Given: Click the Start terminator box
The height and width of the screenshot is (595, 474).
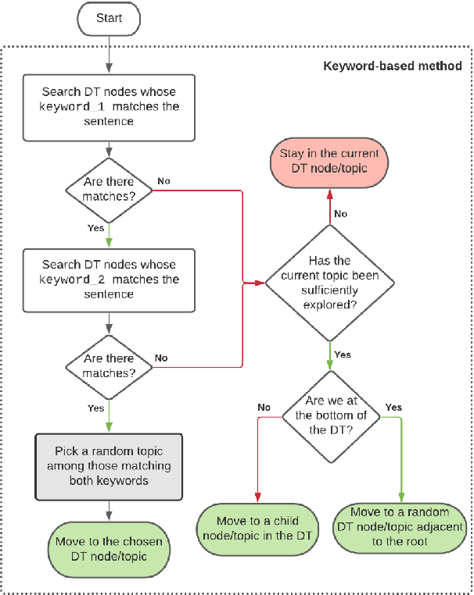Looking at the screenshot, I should (x=109, y=17).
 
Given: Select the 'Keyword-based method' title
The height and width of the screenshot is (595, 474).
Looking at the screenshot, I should (x=393, y=66).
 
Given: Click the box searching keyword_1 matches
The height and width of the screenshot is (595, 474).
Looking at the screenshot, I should (x=109, y=107).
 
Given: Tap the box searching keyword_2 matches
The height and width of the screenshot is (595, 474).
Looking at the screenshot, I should (x=109, y=279).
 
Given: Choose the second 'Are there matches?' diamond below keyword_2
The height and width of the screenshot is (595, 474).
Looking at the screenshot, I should (x=109, y=365).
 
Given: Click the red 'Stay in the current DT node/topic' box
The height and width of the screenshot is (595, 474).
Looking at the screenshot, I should (x=329, y=162).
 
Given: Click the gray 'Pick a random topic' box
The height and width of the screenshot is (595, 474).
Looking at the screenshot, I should (x=109, y=466).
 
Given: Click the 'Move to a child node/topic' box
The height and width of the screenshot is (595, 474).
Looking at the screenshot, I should (x=258, y=529).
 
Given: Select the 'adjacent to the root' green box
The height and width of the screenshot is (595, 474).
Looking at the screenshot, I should (x=400, y=527).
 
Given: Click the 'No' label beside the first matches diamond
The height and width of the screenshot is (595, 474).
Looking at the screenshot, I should (x=163, y=181).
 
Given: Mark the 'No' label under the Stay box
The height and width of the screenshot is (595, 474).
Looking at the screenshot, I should (x=341, y=213).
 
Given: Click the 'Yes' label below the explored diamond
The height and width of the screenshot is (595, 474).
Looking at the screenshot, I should (x=343, y=355).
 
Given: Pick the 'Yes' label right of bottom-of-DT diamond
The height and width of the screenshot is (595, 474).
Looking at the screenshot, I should (x=393, y=408).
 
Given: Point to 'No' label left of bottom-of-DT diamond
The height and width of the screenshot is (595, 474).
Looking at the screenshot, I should (x=264, y=408).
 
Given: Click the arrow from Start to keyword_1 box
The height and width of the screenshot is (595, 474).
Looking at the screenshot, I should (x=109, y=52).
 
